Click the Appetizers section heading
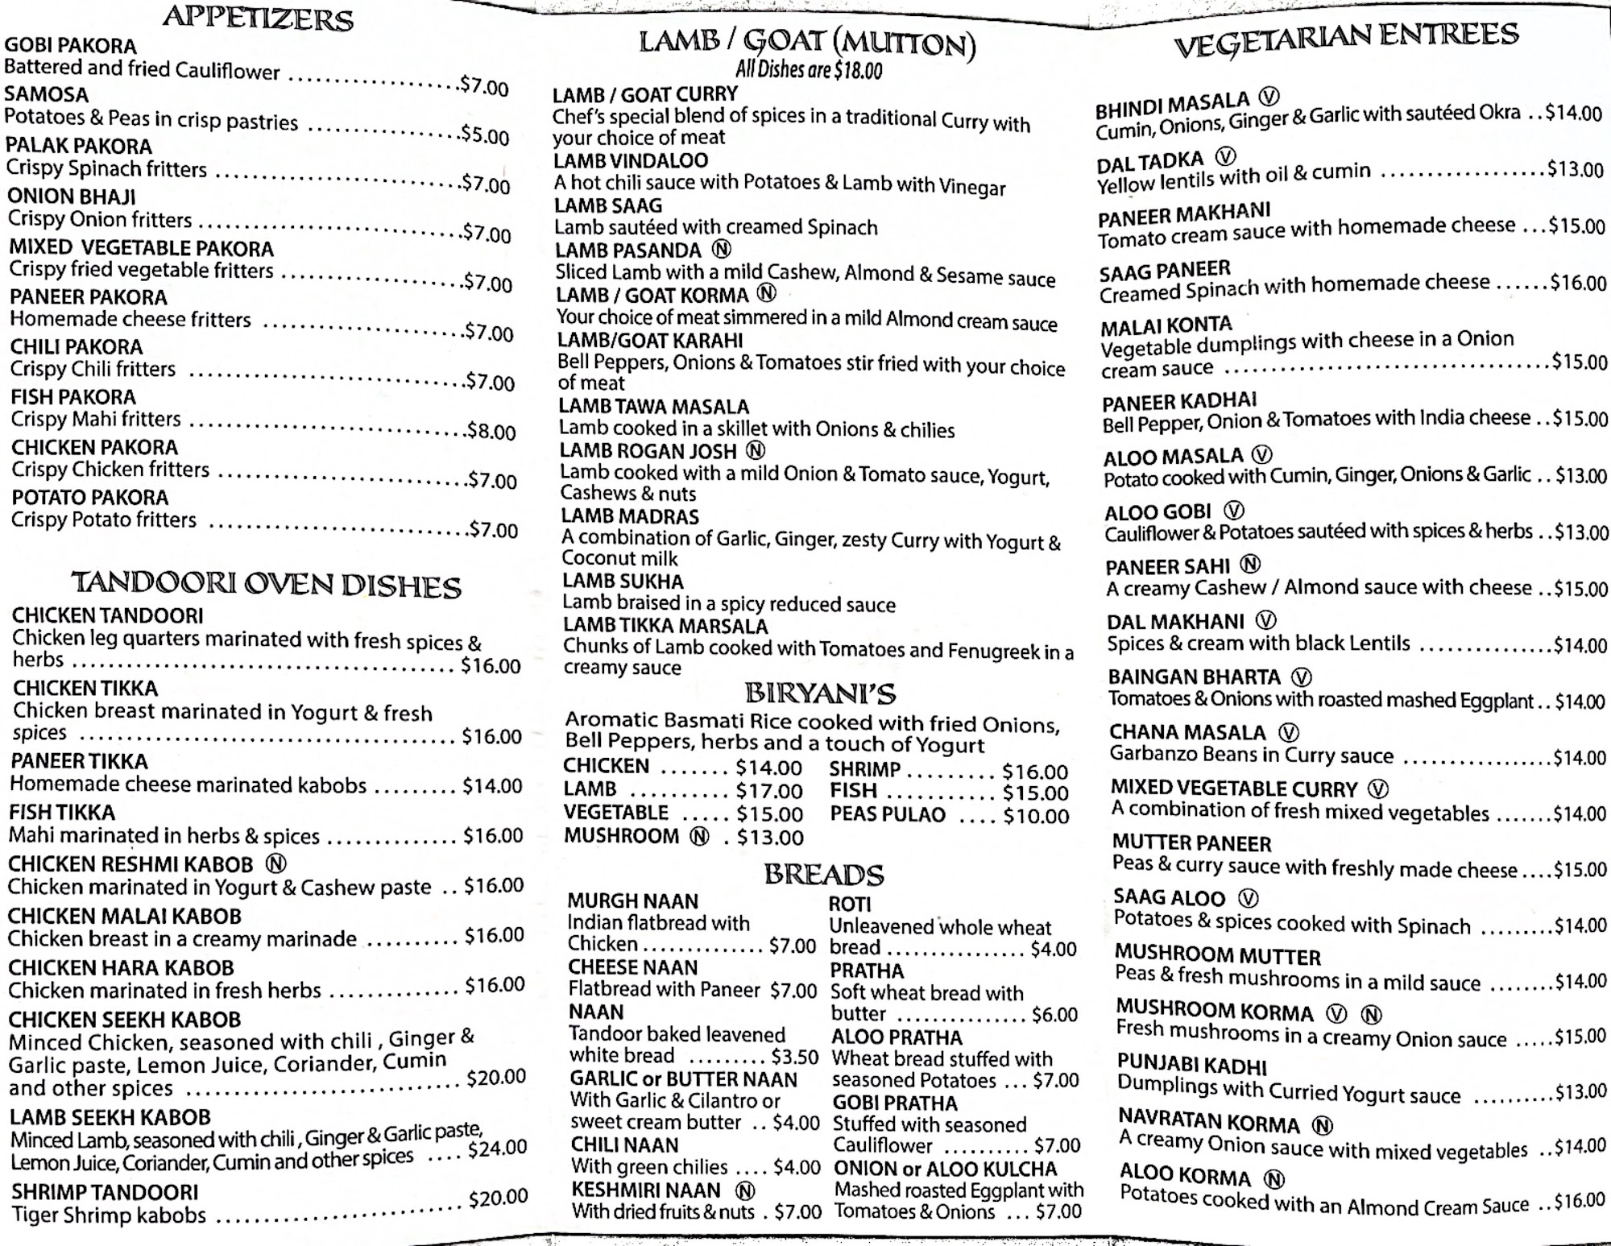pyautogui.click(x=258, y=18)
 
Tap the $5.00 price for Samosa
pyautogui.click(x=485, y=135)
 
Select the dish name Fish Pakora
pyautogui.click(x=73, y=397)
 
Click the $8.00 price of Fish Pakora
pyautogui.click(x=491, y=431)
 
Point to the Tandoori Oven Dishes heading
pyautogui.click(x=266, y=585)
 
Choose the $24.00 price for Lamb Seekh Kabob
pyautogui.click(x=497, y=1148)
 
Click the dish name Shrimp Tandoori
pyautogui.click(x=105, y=1191)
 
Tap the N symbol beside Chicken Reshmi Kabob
pyautogui.click(x=276, y=864)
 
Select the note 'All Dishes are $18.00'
pyautogui.click(x=809, y=70)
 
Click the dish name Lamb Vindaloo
pyautogui.click(x=631, y=161)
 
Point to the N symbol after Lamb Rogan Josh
pyautogui.click(x=756, y=451)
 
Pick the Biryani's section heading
pyautogui.click(x=820, y=693)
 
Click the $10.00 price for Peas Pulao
pyautogui.click(x=1036, y=816)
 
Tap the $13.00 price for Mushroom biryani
pyautogui.click(x=770, y=838)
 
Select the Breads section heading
pyautogui.click(x=823, y=875)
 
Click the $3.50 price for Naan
pyautogui.click(x=794, y=1056)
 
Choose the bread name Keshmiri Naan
pyautogui.click(x=646, y=1190)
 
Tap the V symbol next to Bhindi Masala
pyautogui.click(x=1269, y=97)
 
